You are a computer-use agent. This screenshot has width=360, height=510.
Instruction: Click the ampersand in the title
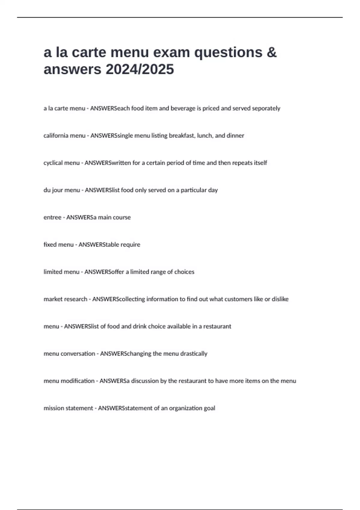coord(271,52)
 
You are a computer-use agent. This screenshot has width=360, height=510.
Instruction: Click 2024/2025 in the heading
coord(139,70)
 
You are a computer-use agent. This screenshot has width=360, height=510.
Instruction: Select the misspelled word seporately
coord(266,108)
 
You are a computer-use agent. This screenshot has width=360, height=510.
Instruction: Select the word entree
coord(52,217)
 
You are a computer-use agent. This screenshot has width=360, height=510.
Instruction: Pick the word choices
coord(184,272)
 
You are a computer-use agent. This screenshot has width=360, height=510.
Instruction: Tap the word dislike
coord(280,299)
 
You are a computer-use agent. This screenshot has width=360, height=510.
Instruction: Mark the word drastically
coord(193,354)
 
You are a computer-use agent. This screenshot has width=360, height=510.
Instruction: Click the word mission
coord(53,408)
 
